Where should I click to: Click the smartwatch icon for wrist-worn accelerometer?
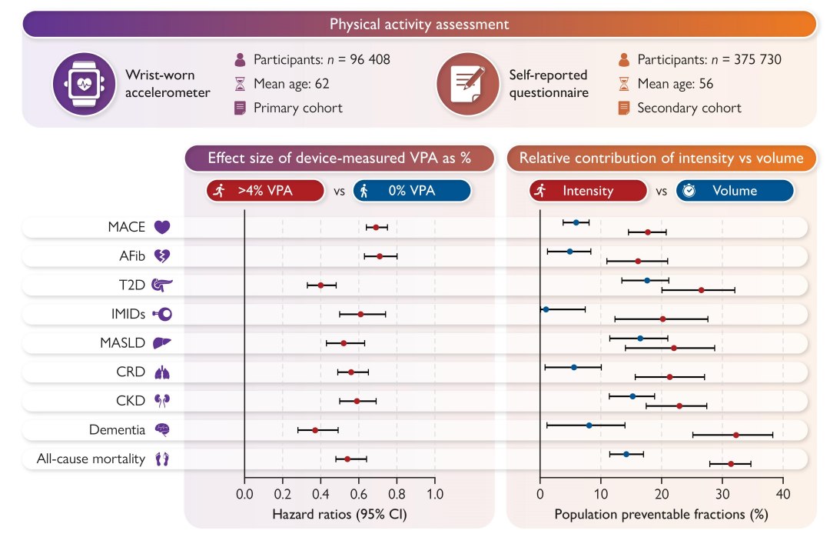coord(85,84)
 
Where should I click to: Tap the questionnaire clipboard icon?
coord(468,84)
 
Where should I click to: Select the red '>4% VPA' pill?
coord(265,191)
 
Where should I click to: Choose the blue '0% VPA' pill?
coord(412,191)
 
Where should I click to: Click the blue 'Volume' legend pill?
coord(735,191)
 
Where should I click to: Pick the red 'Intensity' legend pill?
coord(588,191)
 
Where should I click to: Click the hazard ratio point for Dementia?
coord(316,430)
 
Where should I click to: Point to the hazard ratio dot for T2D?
coord(320,285)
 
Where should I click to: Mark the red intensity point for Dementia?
coord(735,435)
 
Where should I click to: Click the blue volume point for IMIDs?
coord(546,309)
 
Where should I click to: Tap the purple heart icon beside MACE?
coord(162,227)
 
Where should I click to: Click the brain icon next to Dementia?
coord(162,429)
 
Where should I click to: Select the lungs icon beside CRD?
coord(162,372)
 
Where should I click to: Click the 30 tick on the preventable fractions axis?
coord(722,494)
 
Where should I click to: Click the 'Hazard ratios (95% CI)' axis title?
coord(340,515)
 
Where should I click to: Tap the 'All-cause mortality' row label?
coord(91,459)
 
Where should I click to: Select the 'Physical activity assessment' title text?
coord(420,25)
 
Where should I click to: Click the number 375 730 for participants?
coord(758,59)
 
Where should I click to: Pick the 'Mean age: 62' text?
coord(291,84)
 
